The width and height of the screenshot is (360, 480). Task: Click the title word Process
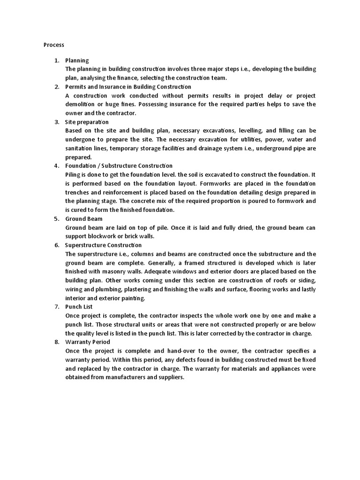click(53, 45)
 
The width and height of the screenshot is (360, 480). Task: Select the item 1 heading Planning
click(77, 60)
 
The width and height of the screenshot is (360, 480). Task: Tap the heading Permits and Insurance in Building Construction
click(128, 87)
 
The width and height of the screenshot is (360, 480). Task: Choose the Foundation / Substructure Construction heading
click(119, 165)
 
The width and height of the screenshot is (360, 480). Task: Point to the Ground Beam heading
click(83, 218)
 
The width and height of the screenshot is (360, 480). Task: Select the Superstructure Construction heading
click(103, 245)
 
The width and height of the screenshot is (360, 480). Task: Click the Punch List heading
click(79, 307)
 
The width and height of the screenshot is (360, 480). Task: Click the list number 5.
click(56, 218)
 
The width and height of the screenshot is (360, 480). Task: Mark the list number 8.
click(56, 342)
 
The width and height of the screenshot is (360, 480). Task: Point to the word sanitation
click(80, 148)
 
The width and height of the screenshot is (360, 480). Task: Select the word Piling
click(73, 174)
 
